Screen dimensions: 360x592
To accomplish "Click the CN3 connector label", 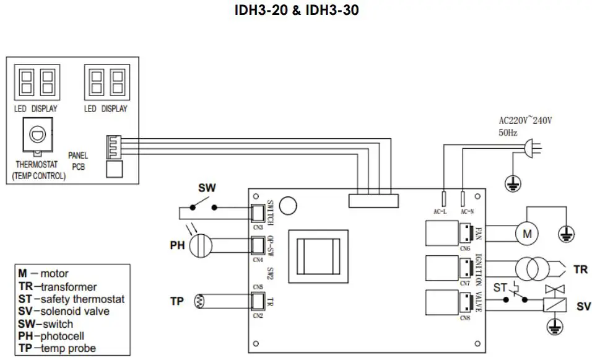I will click(258, 227).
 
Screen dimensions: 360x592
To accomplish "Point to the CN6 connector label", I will click(465, 248).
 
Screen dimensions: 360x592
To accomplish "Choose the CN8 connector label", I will click(465, 318).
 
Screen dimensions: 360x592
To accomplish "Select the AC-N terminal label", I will click(468, 211).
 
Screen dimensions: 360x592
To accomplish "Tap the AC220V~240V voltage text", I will click(525, 120).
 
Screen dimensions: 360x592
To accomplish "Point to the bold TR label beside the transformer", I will click(580, 270).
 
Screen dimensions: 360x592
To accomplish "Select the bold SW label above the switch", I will click(207, 188).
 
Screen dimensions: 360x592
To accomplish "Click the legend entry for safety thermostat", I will click(71, 299).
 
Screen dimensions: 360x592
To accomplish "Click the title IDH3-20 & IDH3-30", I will click(296, 11).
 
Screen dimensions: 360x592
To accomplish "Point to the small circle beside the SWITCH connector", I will click(287, 204).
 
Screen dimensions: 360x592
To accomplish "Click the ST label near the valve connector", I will click(500, 288).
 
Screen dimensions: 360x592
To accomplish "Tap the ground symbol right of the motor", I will click(565, 234).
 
